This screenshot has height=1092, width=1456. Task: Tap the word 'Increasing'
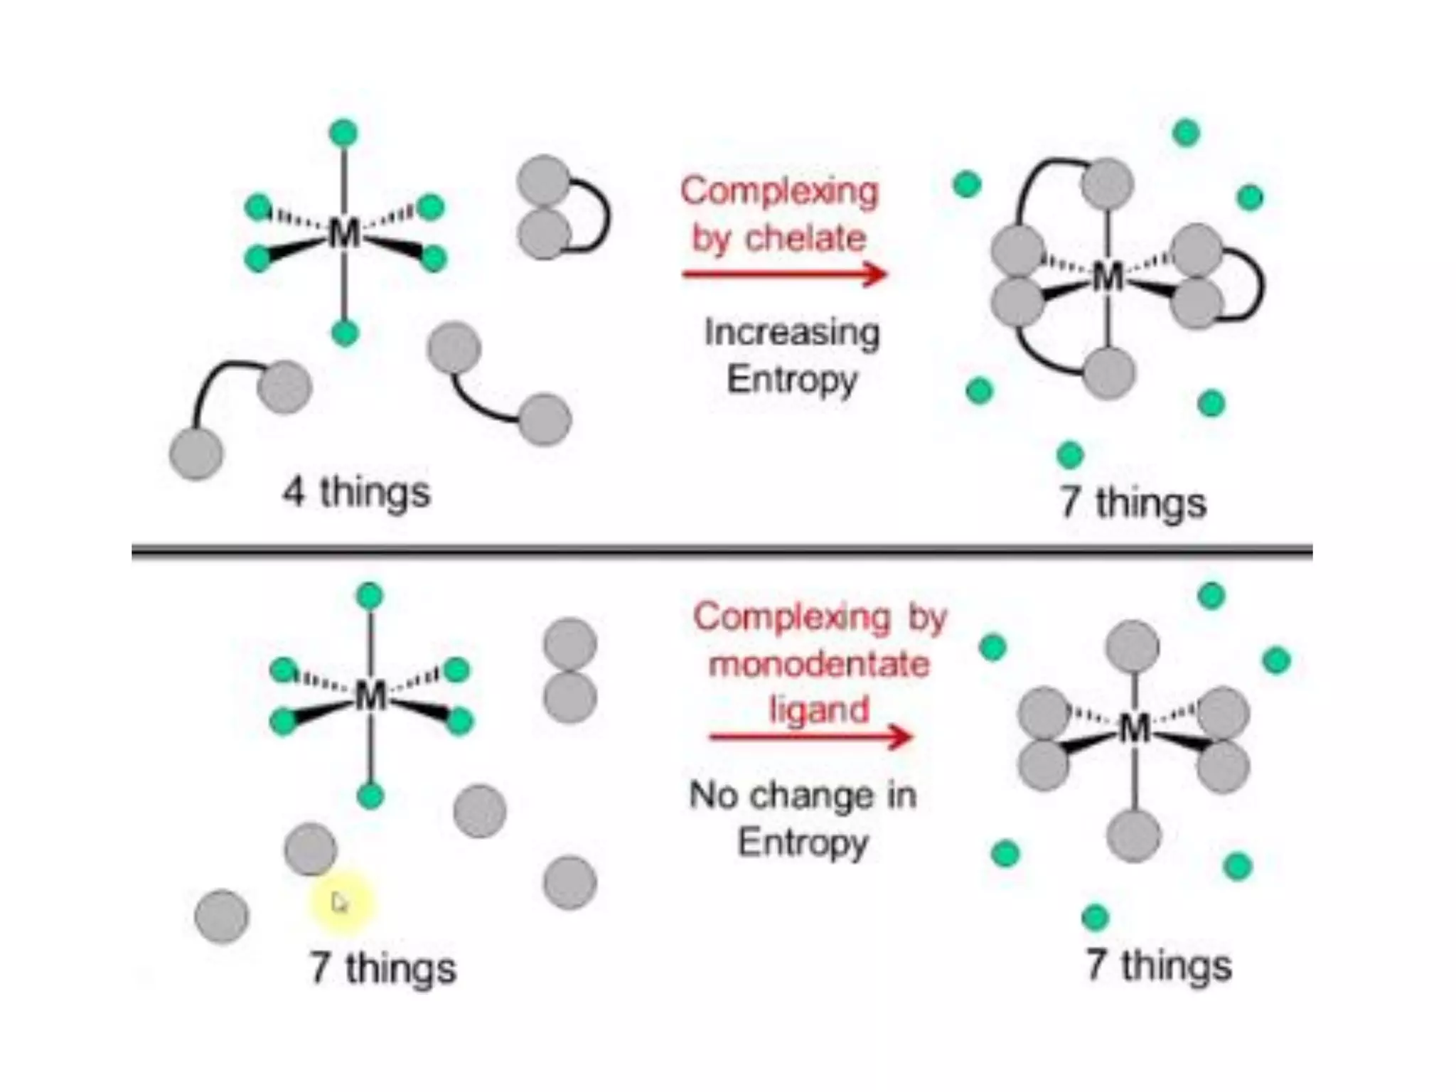[x=791, y=333]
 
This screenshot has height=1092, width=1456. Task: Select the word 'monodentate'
[x=819, y=665]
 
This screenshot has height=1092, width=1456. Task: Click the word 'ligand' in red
[x=819, y=710]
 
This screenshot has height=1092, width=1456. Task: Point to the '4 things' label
[x=356, y=492]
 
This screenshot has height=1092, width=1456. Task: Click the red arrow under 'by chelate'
[x=784, y=274]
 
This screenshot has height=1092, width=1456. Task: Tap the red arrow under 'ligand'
[x=810, y=737]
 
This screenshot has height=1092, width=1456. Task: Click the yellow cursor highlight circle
[x=341, y=902]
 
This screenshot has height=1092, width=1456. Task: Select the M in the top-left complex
[x=345, y=232]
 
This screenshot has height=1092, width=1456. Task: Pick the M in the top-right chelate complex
[x=1108, y=277]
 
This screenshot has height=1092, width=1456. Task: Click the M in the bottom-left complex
[x=370, y=695]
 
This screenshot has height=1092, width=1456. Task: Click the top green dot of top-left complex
[x=344, y=133]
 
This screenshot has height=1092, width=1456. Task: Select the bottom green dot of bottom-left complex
[x=370, y=795]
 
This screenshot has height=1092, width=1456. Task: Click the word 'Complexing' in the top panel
[x=779, y=191]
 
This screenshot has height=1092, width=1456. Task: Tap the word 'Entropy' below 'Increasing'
[x=792, y=379]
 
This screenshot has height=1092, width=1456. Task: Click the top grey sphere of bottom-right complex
[x=1133, y=646]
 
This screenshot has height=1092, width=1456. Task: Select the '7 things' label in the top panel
[x=1133, y=503]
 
